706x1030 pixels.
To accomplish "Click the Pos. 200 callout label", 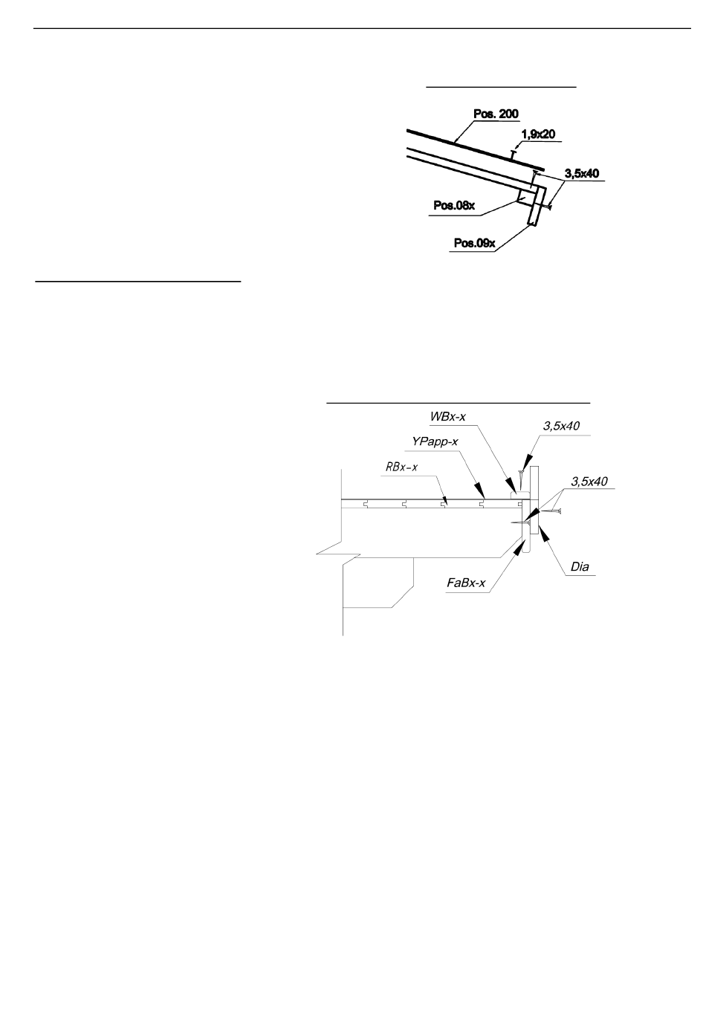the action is coord(496,114).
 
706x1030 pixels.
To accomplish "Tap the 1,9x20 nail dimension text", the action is coord(537,135).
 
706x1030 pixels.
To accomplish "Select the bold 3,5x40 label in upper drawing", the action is coord(582,173).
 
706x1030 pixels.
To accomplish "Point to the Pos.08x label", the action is coord(454,206).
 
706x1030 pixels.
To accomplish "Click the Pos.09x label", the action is coord(474,243).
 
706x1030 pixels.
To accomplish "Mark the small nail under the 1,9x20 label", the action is coord(514,154).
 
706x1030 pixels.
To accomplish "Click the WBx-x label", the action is coord(448,417).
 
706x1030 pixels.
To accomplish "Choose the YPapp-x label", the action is coord(435,441).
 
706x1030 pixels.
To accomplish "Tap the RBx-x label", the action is coord(401,467).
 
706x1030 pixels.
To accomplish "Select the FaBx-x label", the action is coord(466,583).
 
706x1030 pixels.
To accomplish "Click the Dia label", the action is coord(580,566).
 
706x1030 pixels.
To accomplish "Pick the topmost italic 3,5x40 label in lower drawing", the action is coord(561,426).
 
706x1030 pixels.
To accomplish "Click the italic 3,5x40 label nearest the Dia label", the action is coord(589,482).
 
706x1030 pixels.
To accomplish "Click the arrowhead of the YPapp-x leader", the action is coord(479,490).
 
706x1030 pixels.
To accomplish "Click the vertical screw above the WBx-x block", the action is coord(519,479).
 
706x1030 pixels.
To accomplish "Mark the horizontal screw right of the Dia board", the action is coord(551,511).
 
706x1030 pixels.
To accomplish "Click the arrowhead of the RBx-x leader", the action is coord(444,500).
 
